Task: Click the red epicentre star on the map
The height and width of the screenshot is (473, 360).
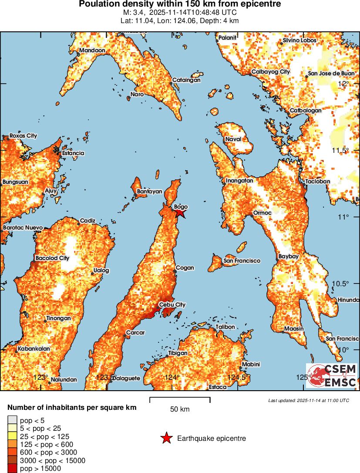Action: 180,213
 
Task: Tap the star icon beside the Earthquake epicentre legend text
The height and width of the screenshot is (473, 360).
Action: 166,439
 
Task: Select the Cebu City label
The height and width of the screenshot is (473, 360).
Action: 172,305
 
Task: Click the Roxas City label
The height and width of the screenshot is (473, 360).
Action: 23,136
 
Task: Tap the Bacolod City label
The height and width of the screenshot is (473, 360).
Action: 52,258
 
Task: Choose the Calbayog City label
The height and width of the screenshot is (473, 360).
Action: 270,72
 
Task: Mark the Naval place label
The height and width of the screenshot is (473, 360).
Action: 232,140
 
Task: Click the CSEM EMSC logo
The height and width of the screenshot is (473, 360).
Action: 332,376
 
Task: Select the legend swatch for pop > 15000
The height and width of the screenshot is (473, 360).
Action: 12,469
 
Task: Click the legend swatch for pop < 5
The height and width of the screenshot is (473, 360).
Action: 12,420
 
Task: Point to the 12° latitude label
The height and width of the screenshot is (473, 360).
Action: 344,83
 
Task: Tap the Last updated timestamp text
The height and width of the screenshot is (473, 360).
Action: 308,400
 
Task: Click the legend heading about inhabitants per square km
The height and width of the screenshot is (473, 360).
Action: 72,408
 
